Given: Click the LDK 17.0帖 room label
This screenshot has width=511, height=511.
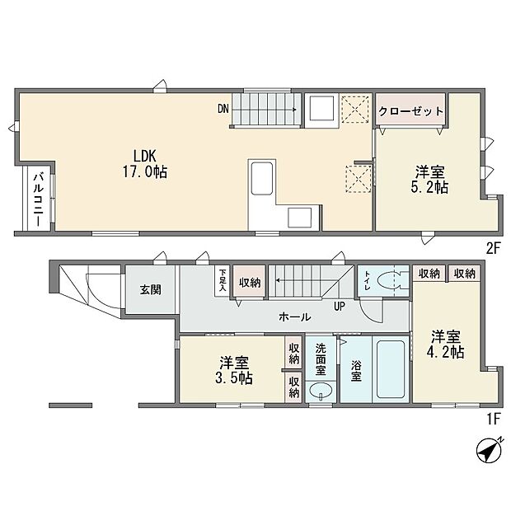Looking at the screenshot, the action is [145, 164].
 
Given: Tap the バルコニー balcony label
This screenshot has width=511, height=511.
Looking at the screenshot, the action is [39, 199].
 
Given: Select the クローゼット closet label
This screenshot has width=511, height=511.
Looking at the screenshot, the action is [410, 111].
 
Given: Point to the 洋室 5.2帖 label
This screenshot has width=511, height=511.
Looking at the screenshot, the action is [429, 179].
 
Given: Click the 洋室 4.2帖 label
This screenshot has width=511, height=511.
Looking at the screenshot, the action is [446, 345].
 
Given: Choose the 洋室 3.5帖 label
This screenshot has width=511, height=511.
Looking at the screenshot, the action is [234, 370].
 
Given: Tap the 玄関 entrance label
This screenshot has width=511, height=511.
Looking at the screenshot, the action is [151, 289].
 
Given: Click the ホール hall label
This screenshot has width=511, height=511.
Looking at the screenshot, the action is [294, 316].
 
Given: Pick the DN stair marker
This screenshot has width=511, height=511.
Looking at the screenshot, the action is [223, 109].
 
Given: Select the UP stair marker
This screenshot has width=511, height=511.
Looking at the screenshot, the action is [340, 306].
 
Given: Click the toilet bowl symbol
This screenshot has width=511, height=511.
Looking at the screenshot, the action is [388, 280].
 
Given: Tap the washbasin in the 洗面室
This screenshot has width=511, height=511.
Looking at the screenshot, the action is [321, 391].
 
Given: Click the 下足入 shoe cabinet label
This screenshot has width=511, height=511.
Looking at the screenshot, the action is [223, 280].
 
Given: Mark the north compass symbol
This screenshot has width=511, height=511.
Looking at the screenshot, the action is [490, 450].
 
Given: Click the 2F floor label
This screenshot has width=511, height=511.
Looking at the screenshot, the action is [493, 249].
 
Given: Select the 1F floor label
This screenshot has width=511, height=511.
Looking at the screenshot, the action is [494, 420].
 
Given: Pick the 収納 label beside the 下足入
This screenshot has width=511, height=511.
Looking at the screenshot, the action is [250, 283].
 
